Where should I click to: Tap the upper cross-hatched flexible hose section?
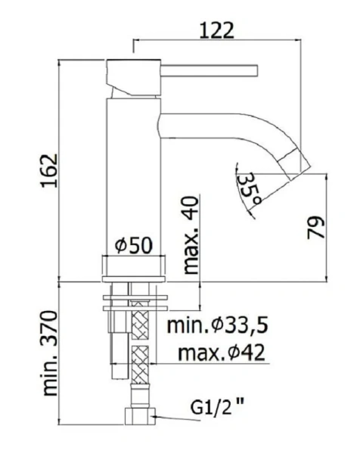tap(139, 325)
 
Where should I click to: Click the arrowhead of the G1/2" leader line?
tap(156, 415)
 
